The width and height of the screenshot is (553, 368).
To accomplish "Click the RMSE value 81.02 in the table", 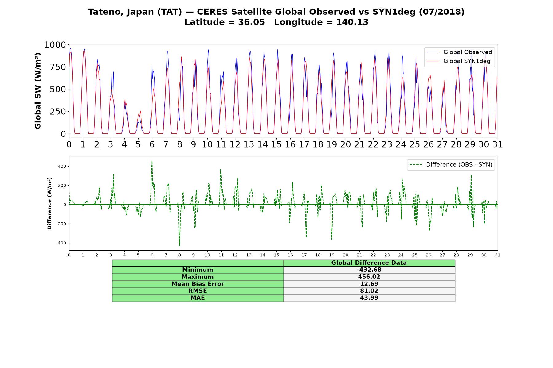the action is click(369, 291).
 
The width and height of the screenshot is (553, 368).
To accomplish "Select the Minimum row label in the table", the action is click(198, 270).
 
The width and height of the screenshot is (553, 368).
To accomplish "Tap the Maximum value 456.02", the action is click(369, 277).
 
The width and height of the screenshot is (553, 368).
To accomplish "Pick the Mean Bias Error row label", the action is click(198, 284).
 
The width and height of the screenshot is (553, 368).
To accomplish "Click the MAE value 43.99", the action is click(369, 298).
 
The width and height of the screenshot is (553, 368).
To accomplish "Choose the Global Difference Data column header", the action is click(369, 263).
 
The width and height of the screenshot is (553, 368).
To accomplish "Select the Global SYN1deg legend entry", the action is click(458, 61).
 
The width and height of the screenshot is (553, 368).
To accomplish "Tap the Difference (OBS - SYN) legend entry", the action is click(451, 165).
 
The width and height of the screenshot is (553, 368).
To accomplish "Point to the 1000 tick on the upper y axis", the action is click(55, 45).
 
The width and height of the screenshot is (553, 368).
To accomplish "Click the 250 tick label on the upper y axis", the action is click(58, 112).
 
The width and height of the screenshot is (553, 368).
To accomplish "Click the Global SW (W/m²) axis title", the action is click(38, 91).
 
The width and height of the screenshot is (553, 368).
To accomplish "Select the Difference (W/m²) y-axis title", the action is click(49, 203).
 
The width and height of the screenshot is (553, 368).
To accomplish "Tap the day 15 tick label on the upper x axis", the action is click(276, 144).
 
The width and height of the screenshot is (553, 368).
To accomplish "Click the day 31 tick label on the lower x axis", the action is click(497, 255).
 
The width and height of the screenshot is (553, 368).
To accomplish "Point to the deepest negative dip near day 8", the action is click(180, 246).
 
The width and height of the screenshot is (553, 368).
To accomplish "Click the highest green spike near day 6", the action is click(152, 162).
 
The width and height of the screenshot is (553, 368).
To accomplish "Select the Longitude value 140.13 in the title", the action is click(352, 22).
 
